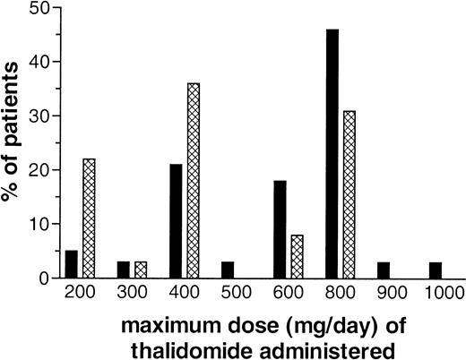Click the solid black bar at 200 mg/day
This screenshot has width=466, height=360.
coord(72,264)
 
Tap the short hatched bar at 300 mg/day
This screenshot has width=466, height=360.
coord(142,270)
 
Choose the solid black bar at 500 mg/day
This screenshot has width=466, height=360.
coord(228,270)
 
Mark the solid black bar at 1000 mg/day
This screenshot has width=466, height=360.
coord(436,270)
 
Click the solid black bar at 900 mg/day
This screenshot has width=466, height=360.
coord(384,270)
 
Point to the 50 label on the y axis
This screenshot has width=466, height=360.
coord(39,8)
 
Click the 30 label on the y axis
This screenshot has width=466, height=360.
coord(39,116)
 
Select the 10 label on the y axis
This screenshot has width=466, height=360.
coord(39,224)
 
